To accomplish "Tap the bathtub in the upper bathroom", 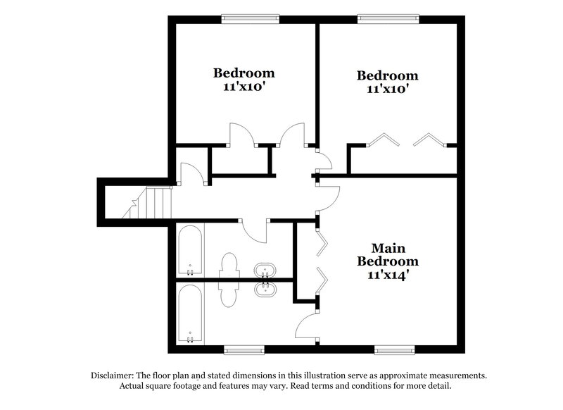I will click(x=190, y=251).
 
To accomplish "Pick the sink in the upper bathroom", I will click(x=264, y=271).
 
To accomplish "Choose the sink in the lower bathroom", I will click(x=264, y=289).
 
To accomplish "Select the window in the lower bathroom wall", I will click(x=243, y=349).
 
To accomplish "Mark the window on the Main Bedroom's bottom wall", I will click(x=395, y=349).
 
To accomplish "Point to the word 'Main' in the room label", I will click(x=386, y=248).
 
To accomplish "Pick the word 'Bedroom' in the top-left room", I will click(x=244, y=73).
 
